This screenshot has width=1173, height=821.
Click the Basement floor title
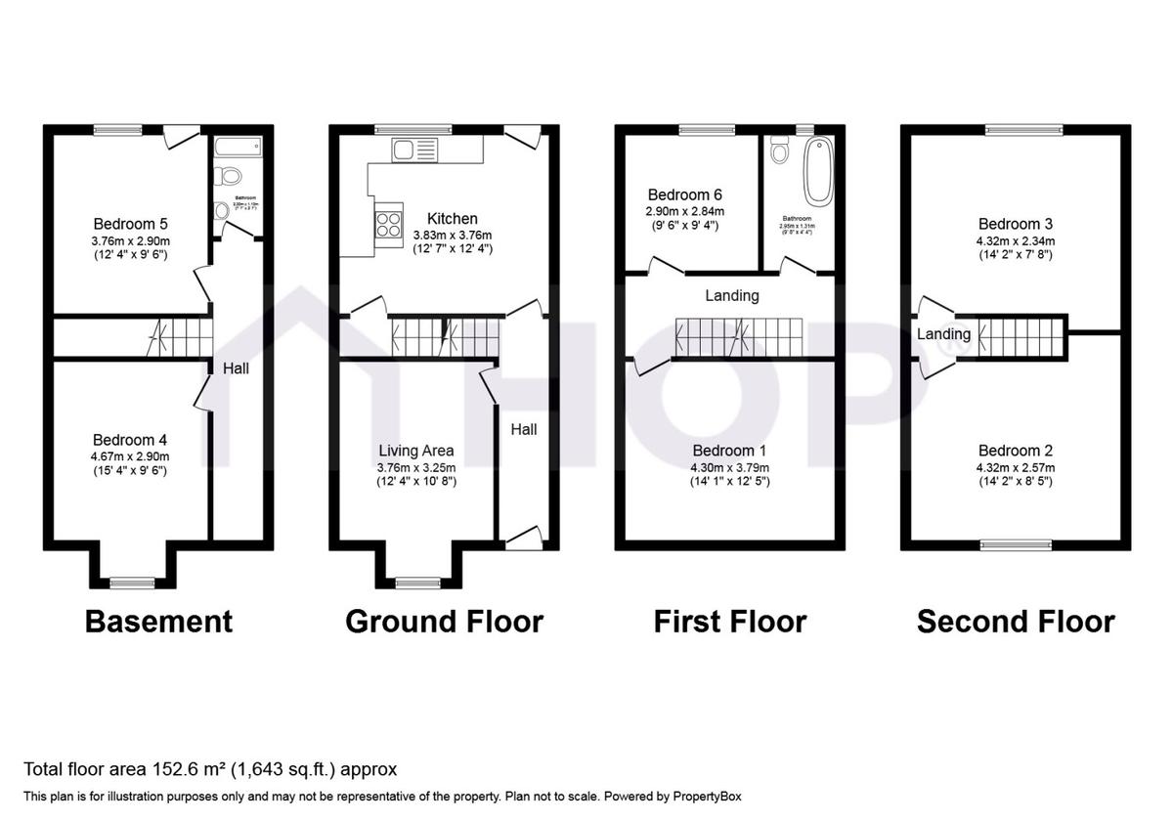tap(158, 622)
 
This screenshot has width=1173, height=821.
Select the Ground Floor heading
tap(444, 622)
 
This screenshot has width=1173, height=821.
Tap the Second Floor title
tap(1016, 622)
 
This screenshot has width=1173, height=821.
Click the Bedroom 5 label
tap(129, 222)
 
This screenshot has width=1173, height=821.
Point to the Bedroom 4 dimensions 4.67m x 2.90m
tap(129, 456)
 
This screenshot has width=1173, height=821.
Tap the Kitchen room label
tap(452, 219)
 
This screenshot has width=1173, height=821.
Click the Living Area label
tap(416, 451)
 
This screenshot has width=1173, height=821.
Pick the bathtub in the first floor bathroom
tap(816, 170)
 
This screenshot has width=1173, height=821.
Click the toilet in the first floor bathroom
tap(779, 151)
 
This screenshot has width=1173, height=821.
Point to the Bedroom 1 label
tap(729, 451)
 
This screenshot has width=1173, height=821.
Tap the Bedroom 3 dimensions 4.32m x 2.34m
tap(1016, 240)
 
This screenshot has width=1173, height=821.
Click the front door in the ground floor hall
tap(523, 536)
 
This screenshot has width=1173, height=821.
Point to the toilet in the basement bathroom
tap(231, 177)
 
